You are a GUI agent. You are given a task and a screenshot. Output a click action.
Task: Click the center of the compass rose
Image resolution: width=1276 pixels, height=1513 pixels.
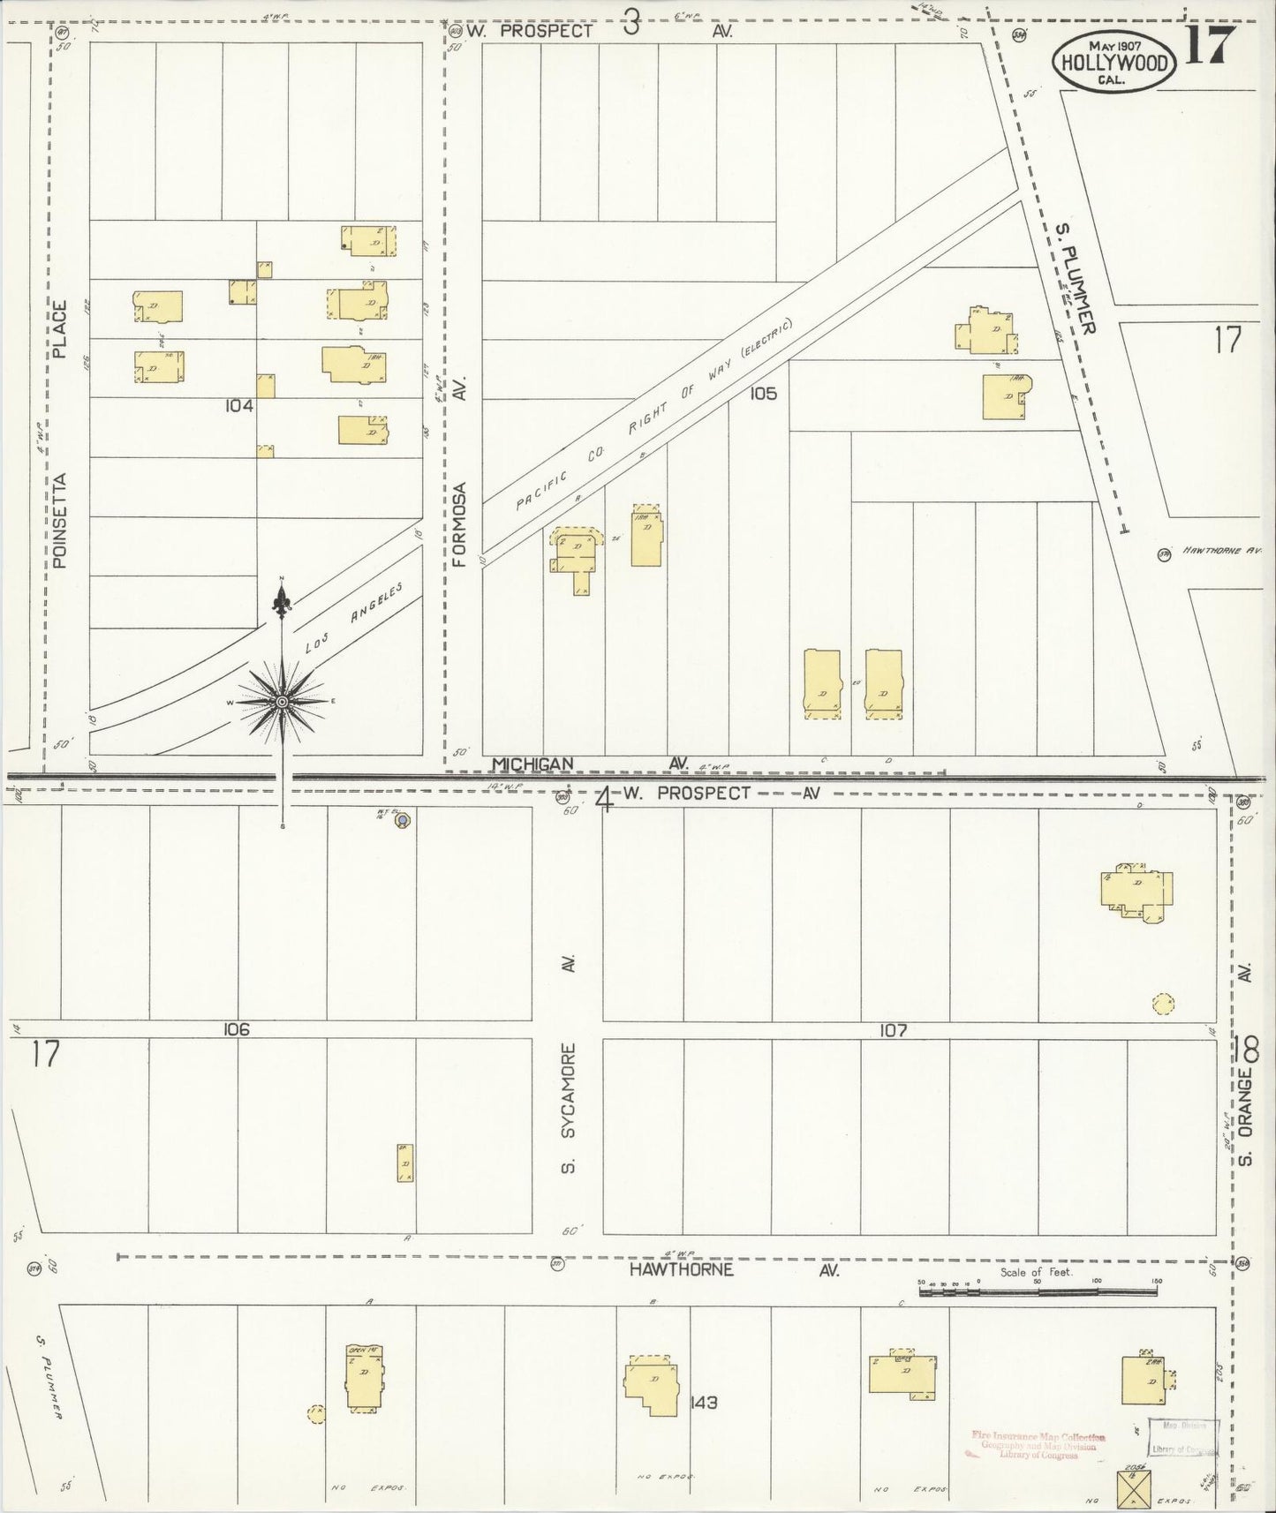tap(282, 702)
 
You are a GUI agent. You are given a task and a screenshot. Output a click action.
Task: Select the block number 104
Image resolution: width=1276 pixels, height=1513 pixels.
tap(239, 406)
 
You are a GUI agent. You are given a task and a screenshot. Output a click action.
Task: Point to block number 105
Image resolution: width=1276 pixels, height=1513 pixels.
tap(763, 394)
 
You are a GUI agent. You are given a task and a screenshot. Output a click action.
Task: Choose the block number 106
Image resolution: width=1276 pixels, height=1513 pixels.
tap(237, 1029)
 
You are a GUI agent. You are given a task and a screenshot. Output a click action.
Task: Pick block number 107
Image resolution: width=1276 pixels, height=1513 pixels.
tap(894, 1029)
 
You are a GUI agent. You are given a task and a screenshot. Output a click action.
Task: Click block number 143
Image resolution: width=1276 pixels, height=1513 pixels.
tap(704, 1401)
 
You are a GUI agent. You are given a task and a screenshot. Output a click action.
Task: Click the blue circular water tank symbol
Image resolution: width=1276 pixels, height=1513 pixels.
tap(403, 821)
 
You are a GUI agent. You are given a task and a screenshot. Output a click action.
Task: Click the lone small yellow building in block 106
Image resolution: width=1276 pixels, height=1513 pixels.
tap(404, 1163)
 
